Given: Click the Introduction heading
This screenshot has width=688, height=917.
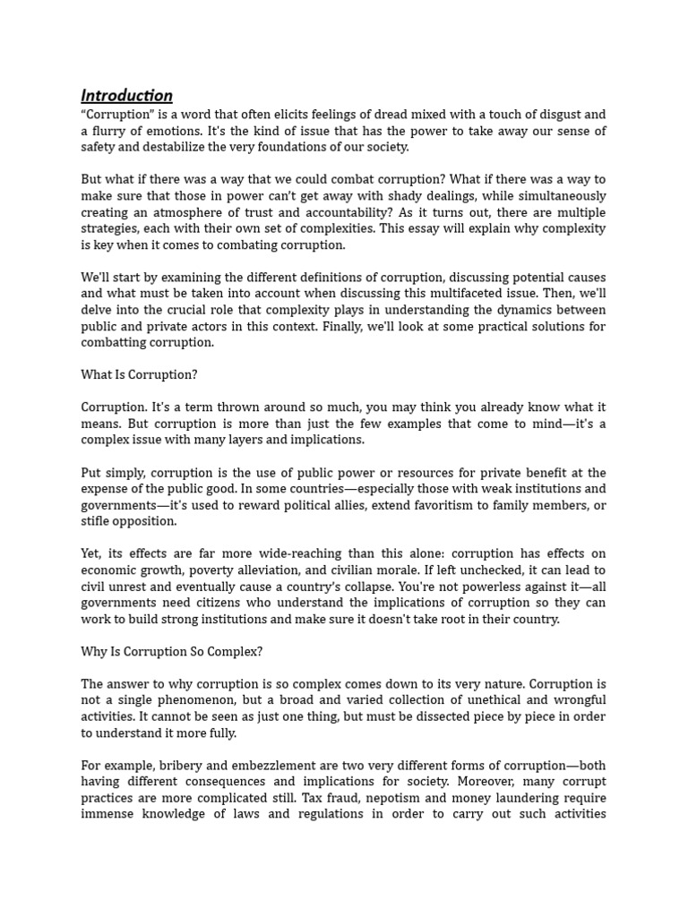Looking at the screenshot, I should [126, 96].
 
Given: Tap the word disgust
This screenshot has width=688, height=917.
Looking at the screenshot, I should [552, 115].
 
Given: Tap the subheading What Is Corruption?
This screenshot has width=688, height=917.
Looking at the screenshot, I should [139, 375].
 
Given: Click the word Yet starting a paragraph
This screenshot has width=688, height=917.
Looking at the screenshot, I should [92, 554].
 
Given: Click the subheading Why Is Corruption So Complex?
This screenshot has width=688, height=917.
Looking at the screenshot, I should [171, 652].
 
